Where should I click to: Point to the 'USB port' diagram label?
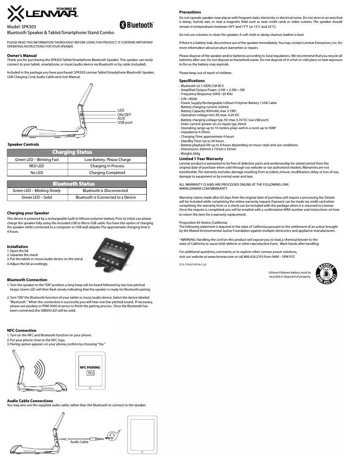click(125, 122)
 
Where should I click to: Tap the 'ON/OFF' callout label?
click(124, 115)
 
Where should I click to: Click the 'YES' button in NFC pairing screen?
click(90, 373)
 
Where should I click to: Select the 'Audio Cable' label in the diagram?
click(79, 442)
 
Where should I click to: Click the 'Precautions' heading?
click(190, 12)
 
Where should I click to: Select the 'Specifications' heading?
click(192, 81)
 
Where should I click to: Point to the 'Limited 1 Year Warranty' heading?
click(201, 159)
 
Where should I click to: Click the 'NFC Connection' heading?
click(22, 330)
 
